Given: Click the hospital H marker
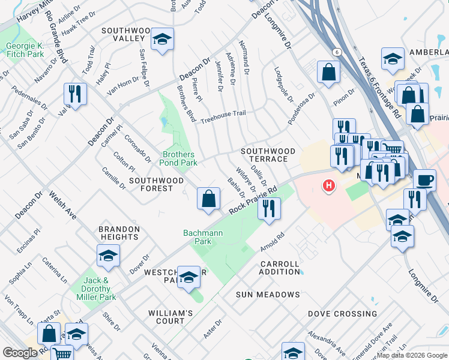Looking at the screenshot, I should (x=328, y=186).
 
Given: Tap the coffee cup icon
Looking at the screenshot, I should (x=425, y=179).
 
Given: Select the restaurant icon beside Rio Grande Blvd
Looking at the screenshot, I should (x=76, y=94).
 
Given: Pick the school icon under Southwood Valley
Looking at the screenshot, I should (x=162, y=39).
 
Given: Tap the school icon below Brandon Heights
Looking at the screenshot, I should (x=108, y=256).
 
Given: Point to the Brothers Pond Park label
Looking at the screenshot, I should (x=179, y=158).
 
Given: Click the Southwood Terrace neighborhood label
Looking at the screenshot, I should (x=268, y=155).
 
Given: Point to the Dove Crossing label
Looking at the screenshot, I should (x=343, y=314).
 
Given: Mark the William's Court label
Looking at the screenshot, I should (x=171, y=317).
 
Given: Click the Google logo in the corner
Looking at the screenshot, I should (x=20, y=353).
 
